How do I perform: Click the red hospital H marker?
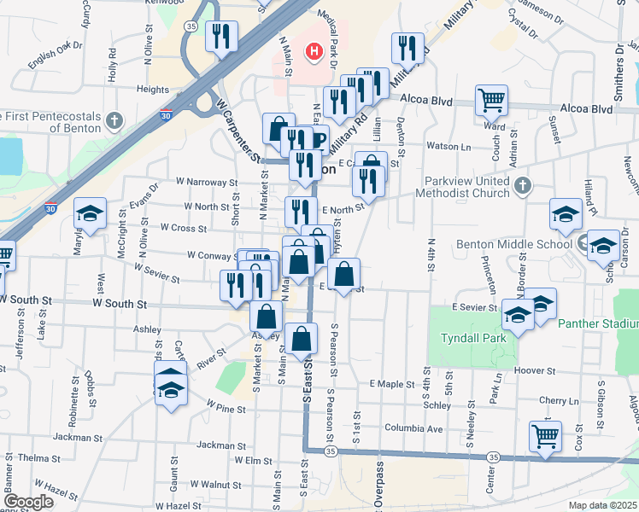pyautogui.click(x=314, y=52)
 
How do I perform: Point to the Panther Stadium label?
pyautogui.click(x=597, y=324)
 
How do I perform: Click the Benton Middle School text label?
pyautogui.click(x=512, y=244)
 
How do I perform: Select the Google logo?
pyautogui.click(x=29, y=502)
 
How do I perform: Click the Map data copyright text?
pyautogui.click(x=603, y=505)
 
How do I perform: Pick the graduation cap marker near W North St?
pyautogui.click(x=89, y=216)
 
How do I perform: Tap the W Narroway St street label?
pyautogui.click(x=206, y=182)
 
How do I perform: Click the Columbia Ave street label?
pyautogui.click(x=413, y=428)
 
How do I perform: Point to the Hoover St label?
pyautogui.click(x=536, y=371)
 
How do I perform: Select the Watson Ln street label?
pyautogui.click(x=454, y=148)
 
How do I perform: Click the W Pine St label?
pyautogui.click(x=226, y=410)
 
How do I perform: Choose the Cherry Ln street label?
pyautogui.click(x=559, y=401)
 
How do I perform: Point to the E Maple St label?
pyautogui.click(x=392, y=385)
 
